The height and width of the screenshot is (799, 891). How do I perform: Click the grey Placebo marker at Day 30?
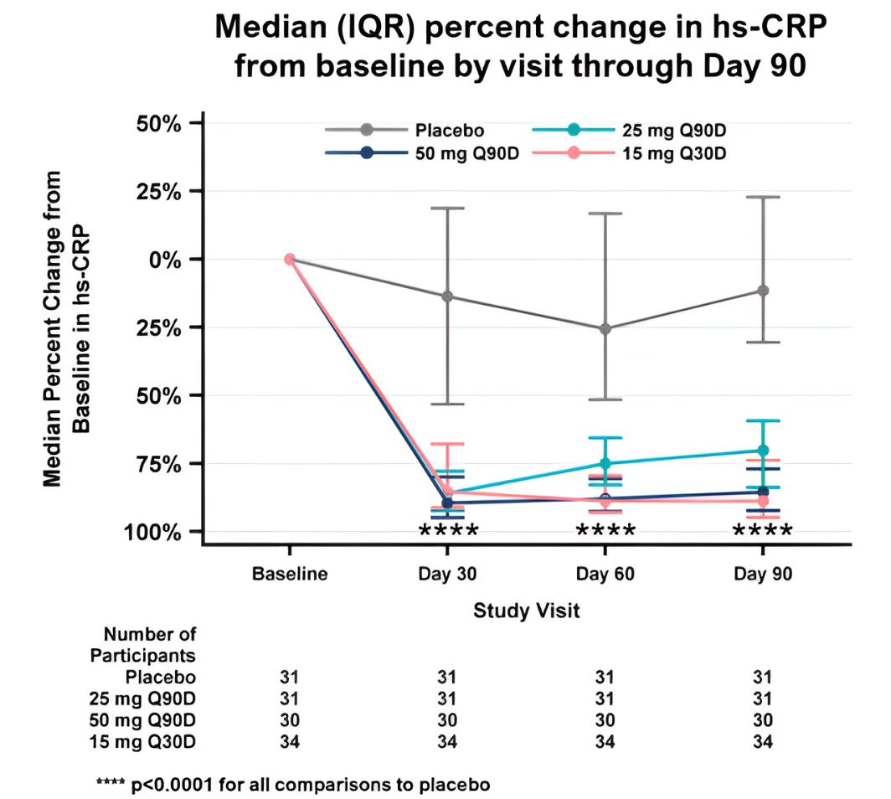tap(447, 296)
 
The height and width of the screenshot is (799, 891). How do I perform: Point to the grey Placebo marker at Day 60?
tap(605, 328)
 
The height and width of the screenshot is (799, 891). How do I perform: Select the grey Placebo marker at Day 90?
tap(763, 291)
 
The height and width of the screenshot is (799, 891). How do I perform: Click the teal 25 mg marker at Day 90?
tap(763, 451)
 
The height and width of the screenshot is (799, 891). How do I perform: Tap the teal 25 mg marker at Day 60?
tap(605, 463)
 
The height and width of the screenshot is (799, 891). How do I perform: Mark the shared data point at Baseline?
tap(289, 259)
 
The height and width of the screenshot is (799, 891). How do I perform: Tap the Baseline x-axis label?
tap(289, 575)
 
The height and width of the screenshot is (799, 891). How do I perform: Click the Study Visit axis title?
tap(526, 611)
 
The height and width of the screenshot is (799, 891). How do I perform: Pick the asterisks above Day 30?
tap(447, 532)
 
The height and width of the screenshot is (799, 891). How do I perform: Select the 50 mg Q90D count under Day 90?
tap(763, 720)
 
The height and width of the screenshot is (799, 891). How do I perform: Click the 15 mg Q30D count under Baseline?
tap(289, 741)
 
